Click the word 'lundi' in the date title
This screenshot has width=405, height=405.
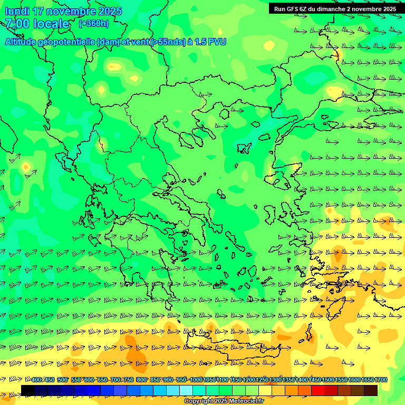point(16,11)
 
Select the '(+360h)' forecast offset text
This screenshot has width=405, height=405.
point(93,23)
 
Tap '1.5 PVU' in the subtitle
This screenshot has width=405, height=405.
point(210,42)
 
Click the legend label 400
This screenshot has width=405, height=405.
point(36,380)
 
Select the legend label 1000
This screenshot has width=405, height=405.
point(196,380)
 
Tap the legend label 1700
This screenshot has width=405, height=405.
point(381,380)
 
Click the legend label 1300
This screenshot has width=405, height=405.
point(275,380)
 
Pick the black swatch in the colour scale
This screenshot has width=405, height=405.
point(28,390)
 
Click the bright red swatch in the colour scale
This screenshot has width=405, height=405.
point(318,390)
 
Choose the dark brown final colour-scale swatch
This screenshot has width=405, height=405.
point(371,390)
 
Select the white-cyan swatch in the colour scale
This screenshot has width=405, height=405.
point(186,390)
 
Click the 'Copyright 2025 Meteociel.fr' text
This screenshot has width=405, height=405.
point(224,401)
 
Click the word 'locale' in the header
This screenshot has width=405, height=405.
point(51,24)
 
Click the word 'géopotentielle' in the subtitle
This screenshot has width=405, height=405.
point(66,42)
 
